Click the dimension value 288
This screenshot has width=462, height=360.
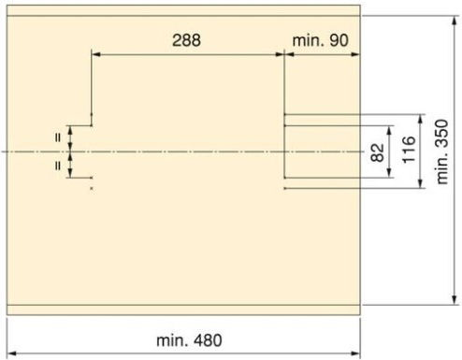click(x=186, y=40)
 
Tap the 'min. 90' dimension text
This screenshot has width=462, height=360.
click(x=320, y=40)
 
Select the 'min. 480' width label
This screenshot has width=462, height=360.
click(x=189, y=340)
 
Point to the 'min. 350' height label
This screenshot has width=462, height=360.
click(x=442, y=151)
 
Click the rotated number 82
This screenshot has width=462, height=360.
click(x=378, y=152)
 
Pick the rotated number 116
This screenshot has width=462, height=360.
click(x=410, y=150)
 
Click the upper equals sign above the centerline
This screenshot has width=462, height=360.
click(x=58, y=137)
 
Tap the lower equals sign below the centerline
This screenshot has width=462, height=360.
click(x=58, y=166)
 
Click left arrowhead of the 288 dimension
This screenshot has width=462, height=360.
click(x=96, y=54)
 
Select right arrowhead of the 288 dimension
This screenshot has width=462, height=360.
click(x=280, y=54)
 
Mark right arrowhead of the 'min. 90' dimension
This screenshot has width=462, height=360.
click(x=355, y=54)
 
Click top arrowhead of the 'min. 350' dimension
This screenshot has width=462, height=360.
click(x=455, y=20)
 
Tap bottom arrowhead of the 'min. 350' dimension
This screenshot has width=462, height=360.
click(x=455, y=300)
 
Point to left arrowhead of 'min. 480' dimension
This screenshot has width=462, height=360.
click(x=11, y=353)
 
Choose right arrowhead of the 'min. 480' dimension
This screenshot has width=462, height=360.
click(x=355, y=353)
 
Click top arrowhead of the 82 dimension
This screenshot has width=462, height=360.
click(x=389, y=130)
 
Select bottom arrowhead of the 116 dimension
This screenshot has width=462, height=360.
click(x=421, y=184)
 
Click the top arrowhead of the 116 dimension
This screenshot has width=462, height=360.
click(x=421, y=119)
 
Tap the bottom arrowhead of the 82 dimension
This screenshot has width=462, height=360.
click(x=389, y=173)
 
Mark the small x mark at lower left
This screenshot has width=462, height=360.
click(x=92, y=188)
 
